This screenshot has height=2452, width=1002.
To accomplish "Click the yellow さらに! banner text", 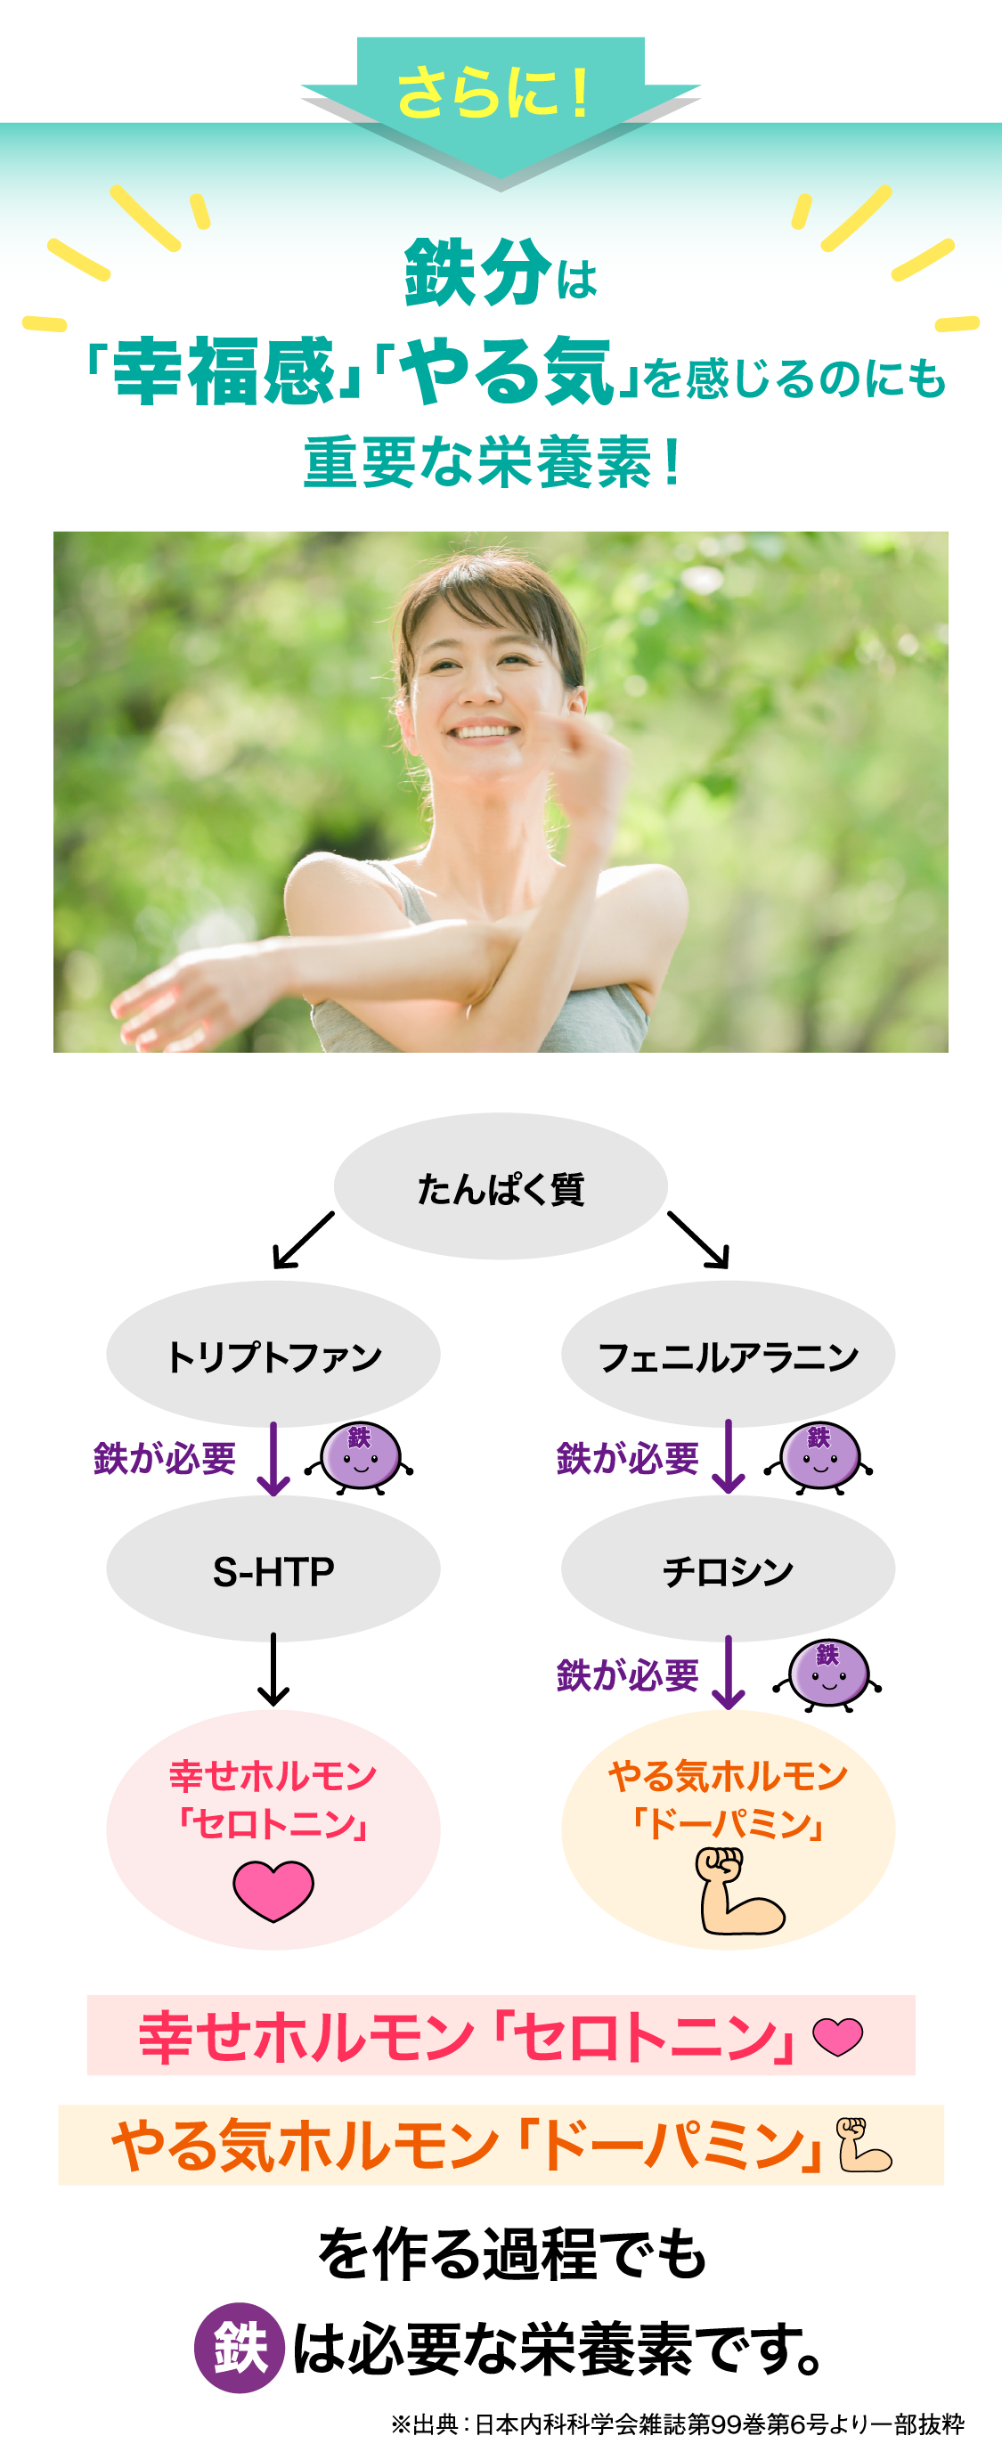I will coord(493,94).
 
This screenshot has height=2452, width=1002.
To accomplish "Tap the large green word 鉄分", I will coord(477,273).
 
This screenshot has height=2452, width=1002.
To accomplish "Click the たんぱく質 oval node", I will coord(501,1187).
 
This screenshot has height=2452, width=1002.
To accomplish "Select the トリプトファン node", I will coord(273,1355).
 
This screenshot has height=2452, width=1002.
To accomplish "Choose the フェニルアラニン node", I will coord(728,1355).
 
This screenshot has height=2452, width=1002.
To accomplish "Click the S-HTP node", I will coord(273,1570).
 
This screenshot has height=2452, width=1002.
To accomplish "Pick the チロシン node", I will coord(728,1570).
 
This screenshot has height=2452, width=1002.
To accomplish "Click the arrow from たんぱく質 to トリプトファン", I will coord(303,1241).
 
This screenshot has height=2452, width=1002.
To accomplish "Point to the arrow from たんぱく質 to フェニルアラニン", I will coord(699,1241).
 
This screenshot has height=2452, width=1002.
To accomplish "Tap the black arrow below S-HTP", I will coord(273,1670).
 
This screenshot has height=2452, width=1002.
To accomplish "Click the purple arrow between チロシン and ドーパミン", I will coord(729,1673).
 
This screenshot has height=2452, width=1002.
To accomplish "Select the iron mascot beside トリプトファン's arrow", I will coord(360,1457).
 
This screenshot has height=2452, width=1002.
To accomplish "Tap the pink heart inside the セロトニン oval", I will coord(273,1890).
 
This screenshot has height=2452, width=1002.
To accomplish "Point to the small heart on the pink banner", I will coord(837,2036).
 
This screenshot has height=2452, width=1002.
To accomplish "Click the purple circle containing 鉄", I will coord(239,2347).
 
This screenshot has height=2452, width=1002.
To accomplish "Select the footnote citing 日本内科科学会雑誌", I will coord(678,2423).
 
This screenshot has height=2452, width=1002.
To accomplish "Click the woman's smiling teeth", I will coord(485,732).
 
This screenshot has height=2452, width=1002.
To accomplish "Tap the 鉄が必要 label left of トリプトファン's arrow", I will coord(165,1457).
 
